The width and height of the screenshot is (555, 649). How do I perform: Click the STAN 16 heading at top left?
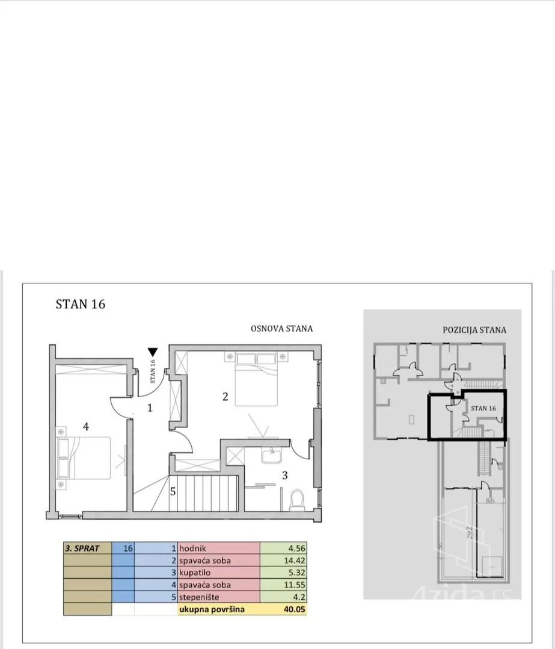[81, 304]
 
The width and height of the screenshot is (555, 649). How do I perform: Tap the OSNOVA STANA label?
[281, 329]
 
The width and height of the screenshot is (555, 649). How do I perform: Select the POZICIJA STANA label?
[474, 330]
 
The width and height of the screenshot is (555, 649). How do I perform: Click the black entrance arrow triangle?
[152, 352]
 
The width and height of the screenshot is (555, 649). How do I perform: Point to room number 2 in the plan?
[225, 397]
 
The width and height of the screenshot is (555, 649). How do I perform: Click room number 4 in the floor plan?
[86, 426]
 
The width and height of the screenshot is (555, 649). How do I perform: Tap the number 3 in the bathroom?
[285, 475]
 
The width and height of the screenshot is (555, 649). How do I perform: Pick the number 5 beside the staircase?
[173, 492]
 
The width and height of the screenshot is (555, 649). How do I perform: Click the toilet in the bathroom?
[296, 500]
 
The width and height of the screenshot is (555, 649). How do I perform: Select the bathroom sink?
[272, 456]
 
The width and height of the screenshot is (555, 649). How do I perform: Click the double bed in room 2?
[256, 379]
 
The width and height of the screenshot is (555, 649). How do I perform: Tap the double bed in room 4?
[84, 458]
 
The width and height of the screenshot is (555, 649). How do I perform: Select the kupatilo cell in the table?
[219, 573]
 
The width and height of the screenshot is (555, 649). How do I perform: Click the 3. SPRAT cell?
[87, 549]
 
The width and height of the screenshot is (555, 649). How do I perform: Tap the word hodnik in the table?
[192, 549]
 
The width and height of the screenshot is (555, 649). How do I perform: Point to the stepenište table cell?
[219, 597]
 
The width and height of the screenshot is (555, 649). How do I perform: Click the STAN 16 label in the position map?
[483, 408]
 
